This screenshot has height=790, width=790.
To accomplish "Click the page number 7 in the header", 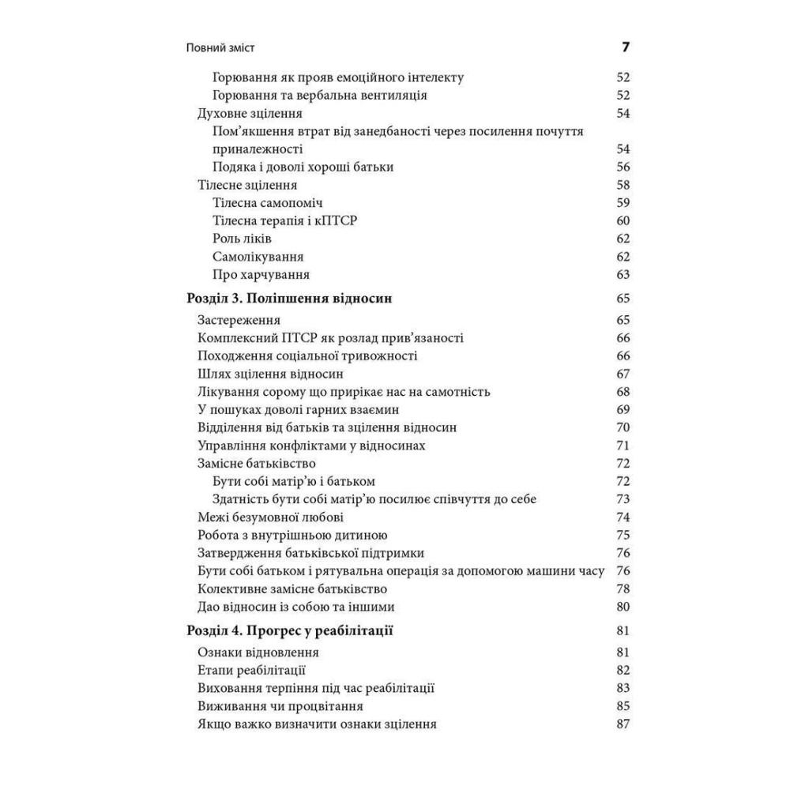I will click(x=625, y=47).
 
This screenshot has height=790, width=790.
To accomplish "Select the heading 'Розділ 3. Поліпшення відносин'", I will click(x=289, y=299).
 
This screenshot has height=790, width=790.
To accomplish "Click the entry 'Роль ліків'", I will click(x=243, y=238).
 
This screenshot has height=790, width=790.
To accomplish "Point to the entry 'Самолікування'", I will click(x=258, y=257).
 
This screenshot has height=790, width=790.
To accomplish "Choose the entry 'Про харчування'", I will click(x=261, y=275).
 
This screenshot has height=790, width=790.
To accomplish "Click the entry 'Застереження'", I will click(x=239, y=320).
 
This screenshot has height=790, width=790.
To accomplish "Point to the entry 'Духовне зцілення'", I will click(x=247, y=114).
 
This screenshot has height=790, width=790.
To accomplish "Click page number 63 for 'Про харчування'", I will click(x=623, y=275).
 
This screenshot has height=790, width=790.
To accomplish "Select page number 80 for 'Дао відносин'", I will click(x=623, y=608).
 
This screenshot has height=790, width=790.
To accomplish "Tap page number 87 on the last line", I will click(x=623, y=724).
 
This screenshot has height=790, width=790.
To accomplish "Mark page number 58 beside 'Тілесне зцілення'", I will click(x=623, y=185).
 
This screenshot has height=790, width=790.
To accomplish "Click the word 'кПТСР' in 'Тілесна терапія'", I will click(x=337, y=220).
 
